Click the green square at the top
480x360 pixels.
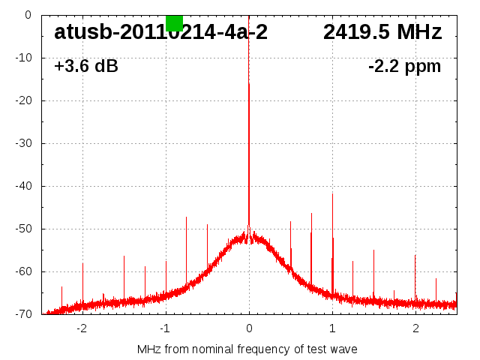[174, 22]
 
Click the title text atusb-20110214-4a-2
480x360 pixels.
[160, 33]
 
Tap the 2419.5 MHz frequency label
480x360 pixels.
[382, 33]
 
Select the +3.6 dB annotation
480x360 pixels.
[85, 67]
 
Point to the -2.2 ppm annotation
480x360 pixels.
[404, 67]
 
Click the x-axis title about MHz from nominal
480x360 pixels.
[247, 349]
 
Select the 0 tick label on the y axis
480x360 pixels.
[28, 15]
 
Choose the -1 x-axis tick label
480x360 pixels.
[164, 328]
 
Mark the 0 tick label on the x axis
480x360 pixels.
[249, 328]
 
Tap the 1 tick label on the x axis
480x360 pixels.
[332, 328]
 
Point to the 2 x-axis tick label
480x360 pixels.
[415, 328]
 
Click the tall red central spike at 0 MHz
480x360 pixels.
[249, 150]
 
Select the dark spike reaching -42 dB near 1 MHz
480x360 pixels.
[332, 217]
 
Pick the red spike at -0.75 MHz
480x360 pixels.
[186, 247]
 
